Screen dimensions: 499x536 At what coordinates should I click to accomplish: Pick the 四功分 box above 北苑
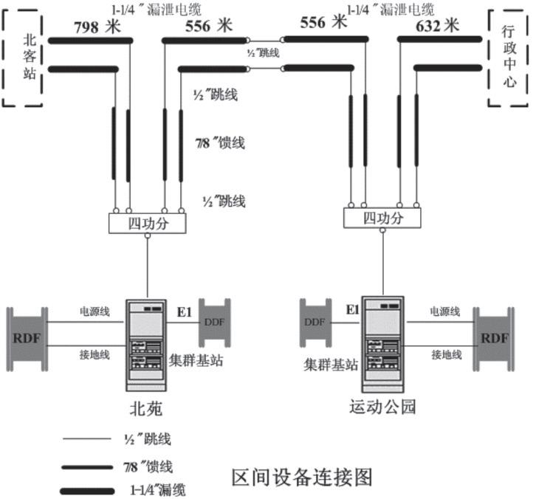[148, 223]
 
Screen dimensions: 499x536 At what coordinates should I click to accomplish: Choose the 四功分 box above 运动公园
[382, 218]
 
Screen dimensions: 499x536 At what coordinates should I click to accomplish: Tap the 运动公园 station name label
[380, 407]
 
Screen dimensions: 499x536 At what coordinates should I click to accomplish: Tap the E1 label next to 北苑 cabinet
[183, 312]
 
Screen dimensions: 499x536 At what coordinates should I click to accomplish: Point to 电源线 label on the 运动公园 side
[446, 312]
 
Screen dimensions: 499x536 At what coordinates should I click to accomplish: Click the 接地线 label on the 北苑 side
[95, 355]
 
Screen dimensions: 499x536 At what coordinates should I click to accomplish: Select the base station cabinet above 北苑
[148, 343]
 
